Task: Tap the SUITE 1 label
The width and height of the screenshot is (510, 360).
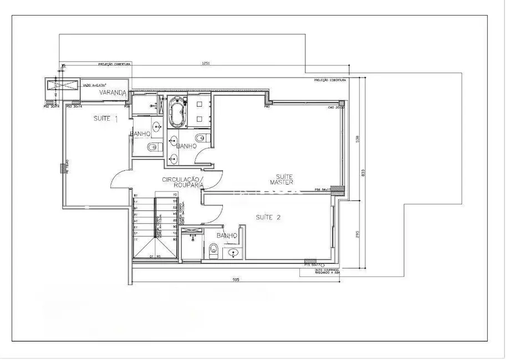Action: [105, 119]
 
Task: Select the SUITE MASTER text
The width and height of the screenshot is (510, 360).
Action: [282, 179]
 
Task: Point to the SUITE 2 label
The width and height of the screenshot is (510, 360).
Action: [268, 218]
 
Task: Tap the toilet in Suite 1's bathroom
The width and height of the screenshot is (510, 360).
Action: [154, 147]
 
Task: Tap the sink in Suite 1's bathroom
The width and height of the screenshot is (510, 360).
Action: [157, 126]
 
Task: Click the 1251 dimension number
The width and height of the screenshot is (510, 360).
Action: [206, 65]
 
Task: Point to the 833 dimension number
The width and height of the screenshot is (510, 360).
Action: [364, 172]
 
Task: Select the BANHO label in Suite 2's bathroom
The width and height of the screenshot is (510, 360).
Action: [227, 236]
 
